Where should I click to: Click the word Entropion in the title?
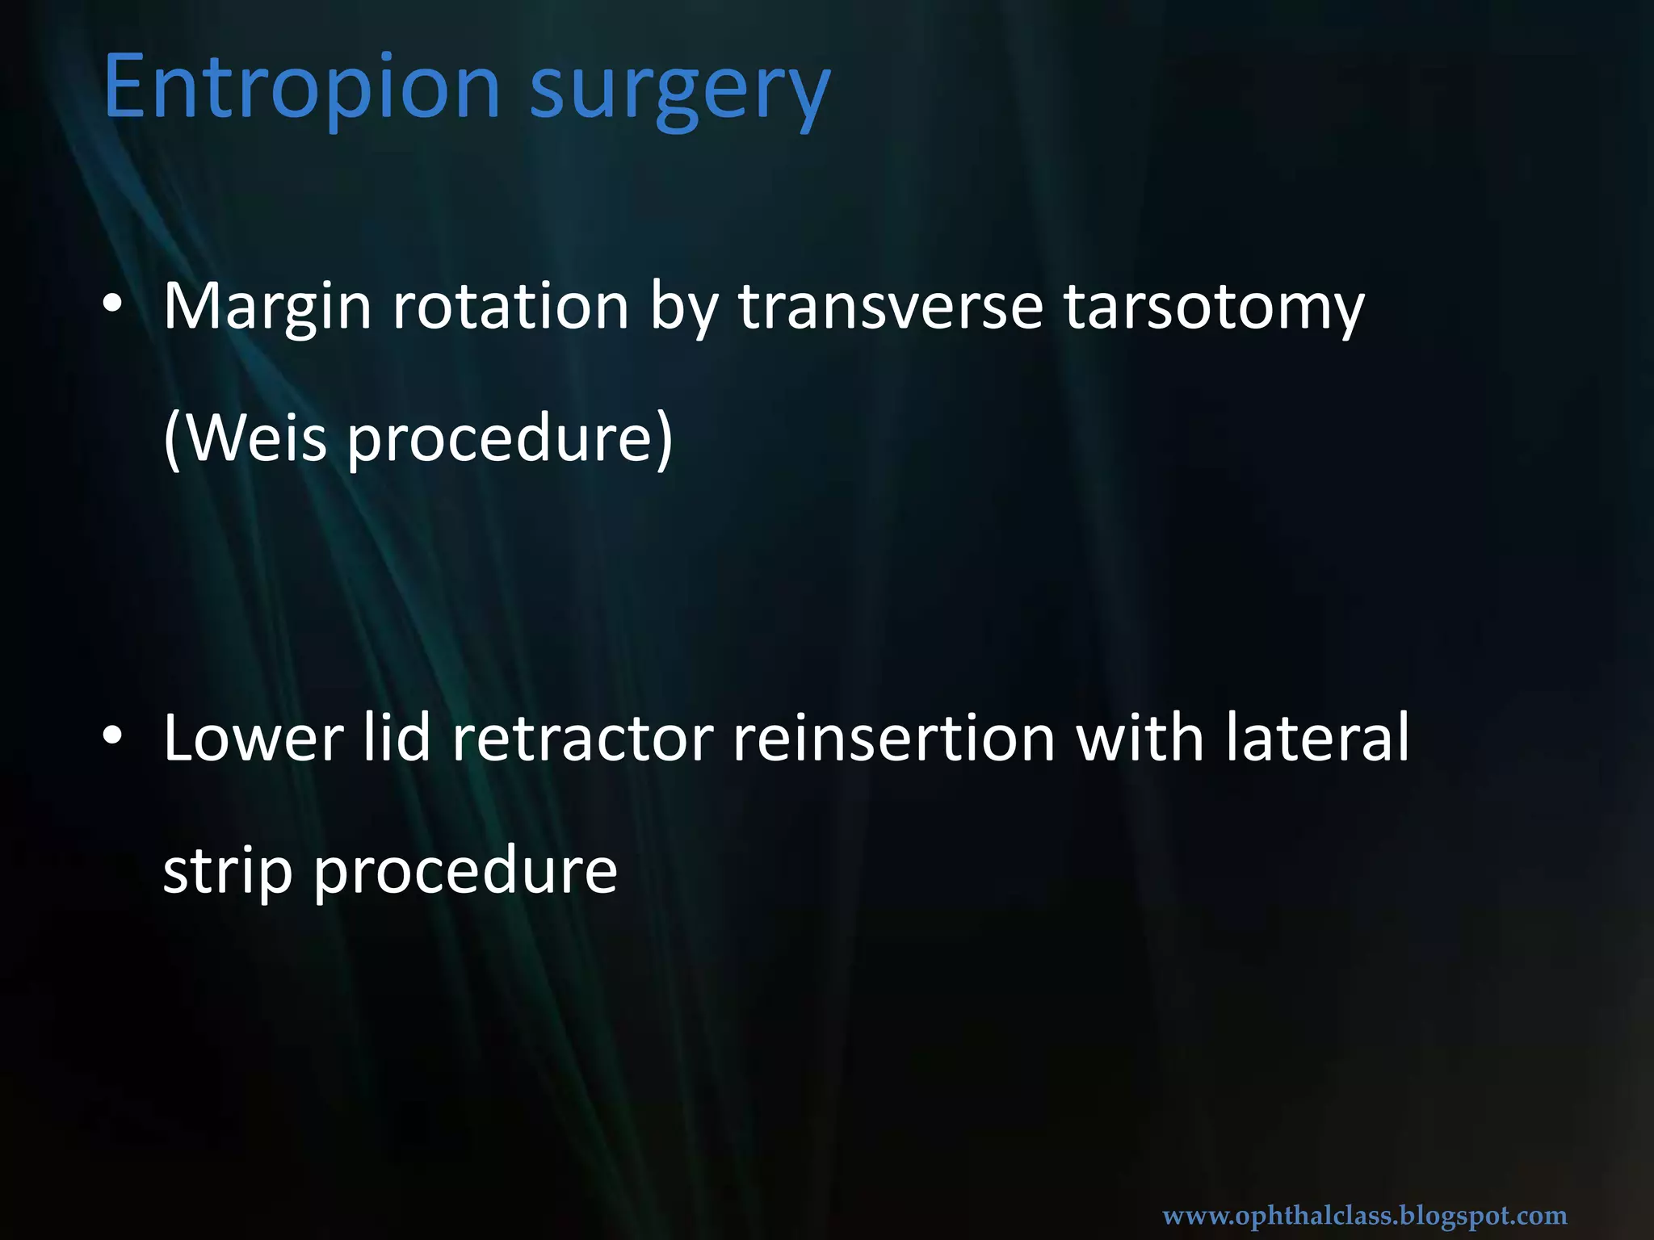tap(302, 86)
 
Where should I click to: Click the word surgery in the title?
tap(679, 90)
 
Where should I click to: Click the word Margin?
tap(267, 308)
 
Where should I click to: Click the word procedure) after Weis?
tap(510, 441)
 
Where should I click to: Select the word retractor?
tap(582, 739)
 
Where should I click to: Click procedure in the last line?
tap(465, 872)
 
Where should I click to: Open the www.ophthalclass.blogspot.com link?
tap(1364, 1215)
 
